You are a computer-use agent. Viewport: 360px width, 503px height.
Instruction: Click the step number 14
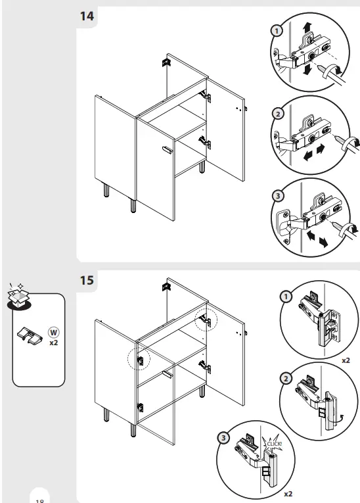coord(87,16)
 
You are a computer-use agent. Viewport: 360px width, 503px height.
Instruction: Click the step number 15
coord(87,280)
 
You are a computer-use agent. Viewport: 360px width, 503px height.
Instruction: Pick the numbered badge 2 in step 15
coord(286,378)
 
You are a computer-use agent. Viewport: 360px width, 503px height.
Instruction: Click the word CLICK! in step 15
coord(274,444)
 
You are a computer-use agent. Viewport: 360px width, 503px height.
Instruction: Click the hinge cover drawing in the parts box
coord(30,335)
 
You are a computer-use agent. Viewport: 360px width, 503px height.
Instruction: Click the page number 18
coord(39,500)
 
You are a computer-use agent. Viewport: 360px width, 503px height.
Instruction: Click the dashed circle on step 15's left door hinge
coord(140,359)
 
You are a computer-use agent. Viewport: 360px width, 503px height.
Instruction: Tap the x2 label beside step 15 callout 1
coord(346,361)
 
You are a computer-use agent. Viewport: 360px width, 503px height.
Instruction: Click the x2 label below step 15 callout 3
coord(288,492)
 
